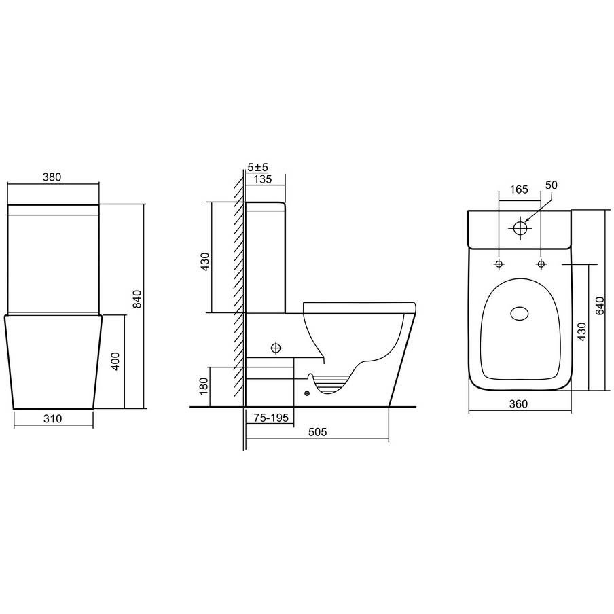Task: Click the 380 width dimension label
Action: (x=52, y=177)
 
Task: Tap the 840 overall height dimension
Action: (x=137, y=299)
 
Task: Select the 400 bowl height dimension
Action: (x=115, y=361)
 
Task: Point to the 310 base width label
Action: (x=52, y=418)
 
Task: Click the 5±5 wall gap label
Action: (x=257, y=167)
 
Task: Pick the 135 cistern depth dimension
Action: (x=263, y=179)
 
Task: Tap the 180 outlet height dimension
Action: (x=204, y=386)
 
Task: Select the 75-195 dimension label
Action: (x=271, y=418)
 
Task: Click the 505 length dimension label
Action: (x=317, y=432)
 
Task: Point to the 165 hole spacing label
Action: (x=519, y=189)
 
